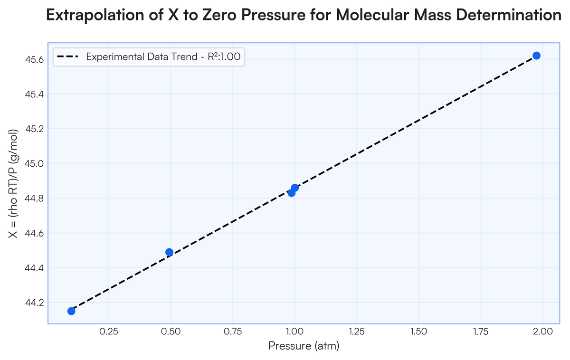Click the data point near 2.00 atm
point(536,56)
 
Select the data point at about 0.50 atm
point(169,252)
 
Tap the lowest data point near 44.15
point(71,311)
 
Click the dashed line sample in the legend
point(67,57)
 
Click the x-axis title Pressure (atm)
point(304,346)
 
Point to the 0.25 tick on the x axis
point(109,332)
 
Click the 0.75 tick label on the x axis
point(233,332)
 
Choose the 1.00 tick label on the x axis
point(294,332)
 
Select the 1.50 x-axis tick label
point(418,332)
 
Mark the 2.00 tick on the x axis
point(542,332)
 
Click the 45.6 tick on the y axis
point(34,59)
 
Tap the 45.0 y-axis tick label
point(34,163)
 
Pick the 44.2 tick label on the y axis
point(34,303)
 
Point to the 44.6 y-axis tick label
point(34,233)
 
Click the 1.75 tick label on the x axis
point(480,332)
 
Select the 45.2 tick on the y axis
point(34,129)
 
